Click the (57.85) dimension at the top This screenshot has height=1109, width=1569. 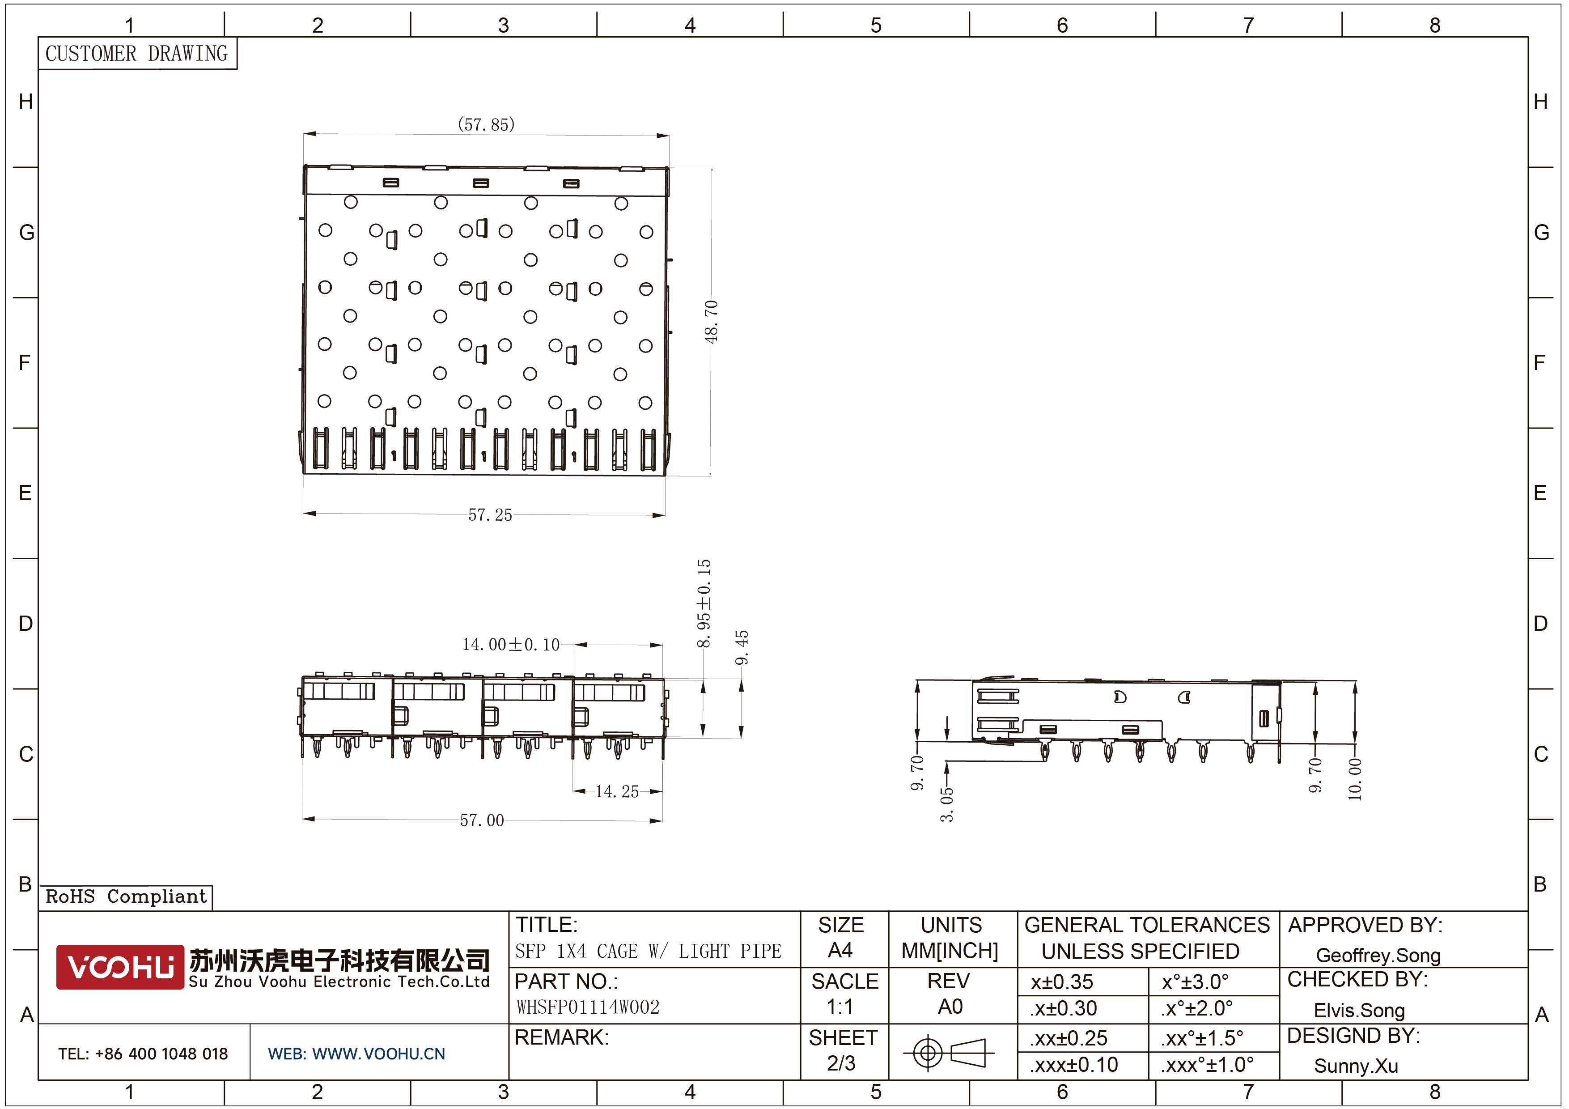(486, 124)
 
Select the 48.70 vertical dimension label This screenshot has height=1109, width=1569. (712, 321)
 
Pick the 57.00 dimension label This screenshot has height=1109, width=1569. (482, 820)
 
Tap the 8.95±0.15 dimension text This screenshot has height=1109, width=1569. (704, 603)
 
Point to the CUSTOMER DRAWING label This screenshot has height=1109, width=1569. (137, 53)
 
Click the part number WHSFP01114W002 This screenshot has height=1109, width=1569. (588, 1007)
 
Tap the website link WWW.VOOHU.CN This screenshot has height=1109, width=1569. (378, 1054)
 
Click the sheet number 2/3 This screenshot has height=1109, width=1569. (841, 1063)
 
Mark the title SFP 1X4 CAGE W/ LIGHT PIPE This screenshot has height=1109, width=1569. (648, 951)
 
